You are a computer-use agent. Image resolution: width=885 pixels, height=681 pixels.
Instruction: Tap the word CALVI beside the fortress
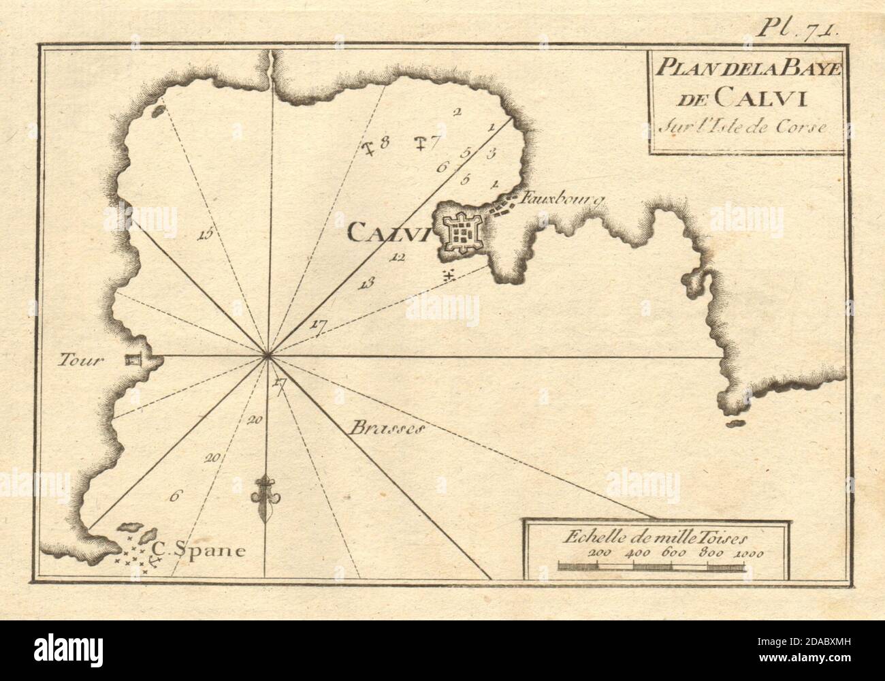(x=386, y=234)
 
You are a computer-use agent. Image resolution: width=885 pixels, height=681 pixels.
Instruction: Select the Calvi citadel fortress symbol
(x=464, y=233)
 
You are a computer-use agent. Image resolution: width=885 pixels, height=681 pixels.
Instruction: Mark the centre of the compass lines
(x=267, y=355)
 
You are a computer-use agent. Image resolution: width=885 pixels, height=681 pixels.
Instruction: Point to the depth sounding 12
(x=398, y=257)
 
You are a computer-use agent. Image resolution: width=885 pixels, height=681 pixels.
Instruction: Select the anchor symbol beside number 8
(x=370, y=145)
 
